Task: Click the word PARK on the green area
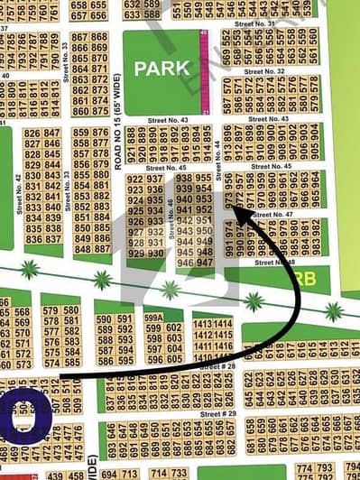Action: pyautogui.click(x=162, y=69)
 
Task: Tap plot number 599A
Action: pyautogui.click(x=153, y=318)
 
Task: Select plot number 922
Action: pyautogui.click(x=135, y=179)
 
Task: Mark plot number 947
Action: pyautogui.click(x=205, y=263)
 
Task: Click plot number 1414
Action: pyautogui.click(x=223, y=322)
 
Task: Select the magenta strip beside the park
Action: pyautogui.click(x=205, y=71)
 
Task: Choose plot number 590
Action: pyautogui.click(x=103, y=319)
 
